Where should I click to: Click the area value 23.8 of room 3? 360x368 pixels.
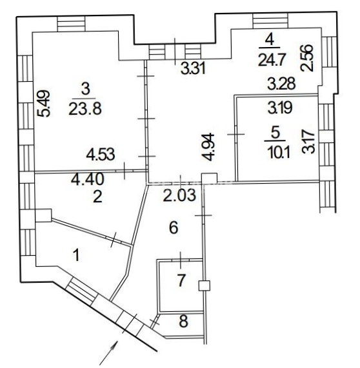(x=85, y=109)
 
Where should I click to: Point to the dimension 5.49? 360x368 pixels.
(x=45, y=104)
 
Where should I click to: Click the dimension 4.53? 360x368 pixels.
(x=101, y=155)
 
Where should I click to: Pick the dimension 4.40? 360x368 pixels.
(x=87, y=180)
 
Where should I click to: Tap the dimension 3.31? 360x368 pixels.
(x=193, y=69)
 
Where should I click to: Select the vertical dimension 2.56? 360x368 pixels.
(x=307, y=58)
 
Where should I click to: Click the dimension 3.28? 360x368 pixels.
(x=281, y=84)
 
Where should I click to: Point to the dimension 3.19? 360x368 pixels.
(x=280, y=108)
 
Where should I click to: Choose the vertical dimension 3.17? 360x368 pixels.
(x=308, y=142)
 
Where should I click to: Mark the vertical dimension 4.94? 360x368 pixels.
(x=209, y=147)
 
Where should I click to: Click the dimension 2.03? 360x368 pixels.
(x=179, y=195)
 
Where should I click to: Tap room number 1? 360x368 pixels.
(x=76, y=255)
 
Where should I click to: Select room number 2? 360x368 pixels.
(x=97, y=197)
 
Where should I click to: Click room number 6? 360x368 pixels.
(x=174, y=228)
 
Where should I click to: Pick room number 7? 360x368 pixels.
(x=181, y=280)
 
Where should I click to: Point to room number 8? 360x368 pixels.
(x=183, y=322)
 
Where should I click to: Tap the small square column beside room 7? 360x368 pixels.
(x=204, y=286)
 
